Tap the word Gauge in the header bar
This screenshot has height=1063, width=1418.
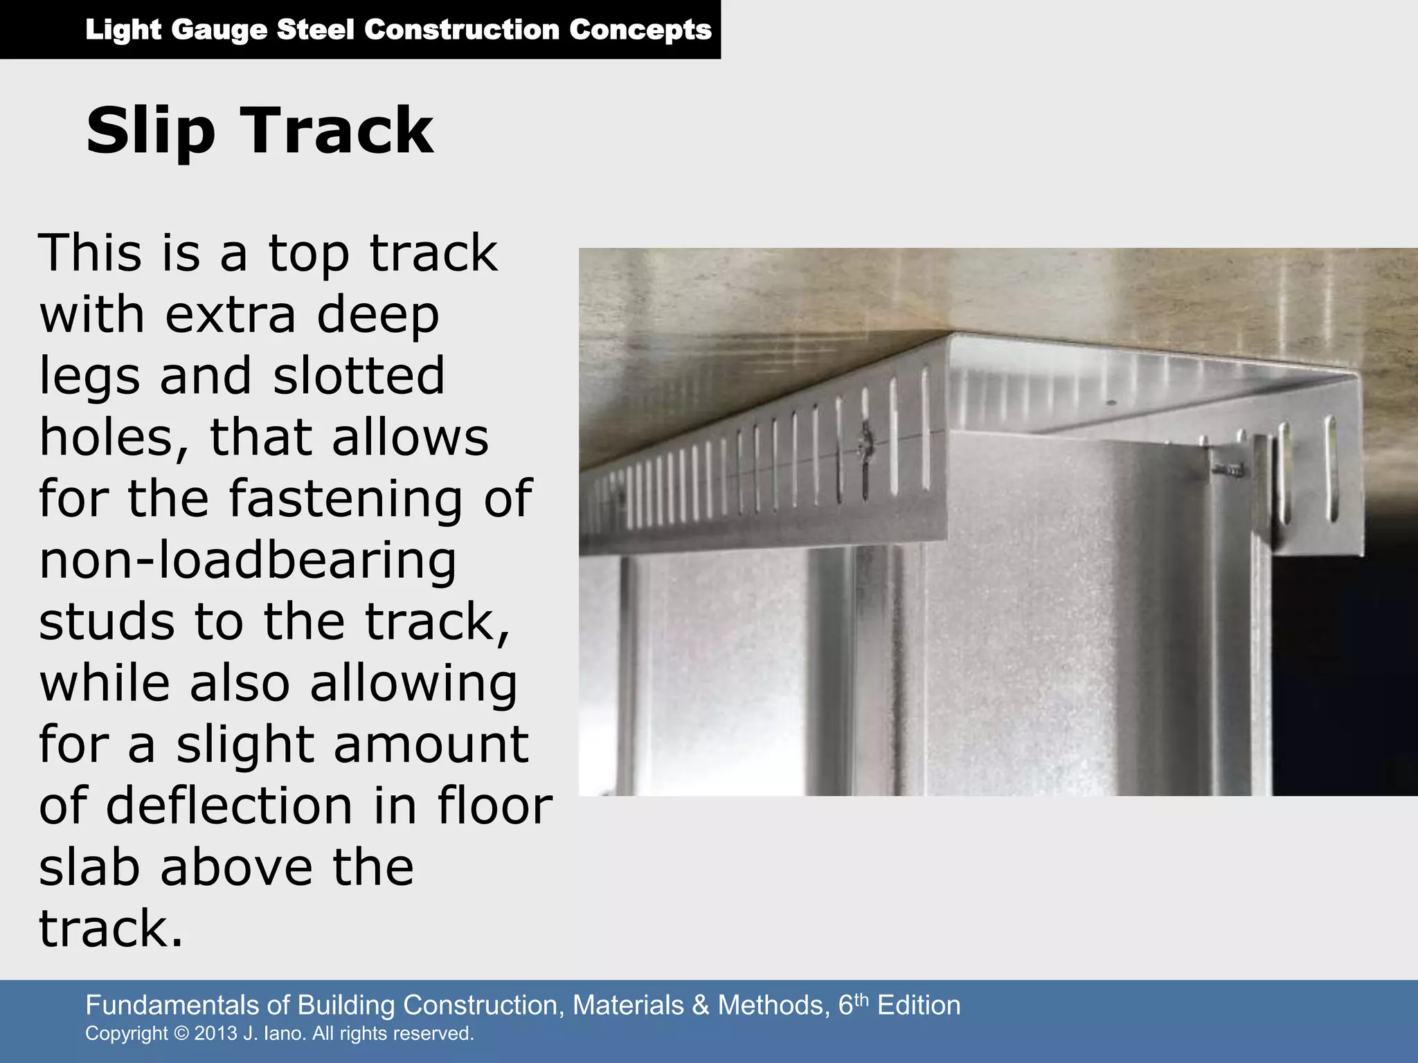pos(219,30)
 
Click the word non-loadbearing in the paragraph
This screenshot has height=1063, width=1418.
pos(247,561)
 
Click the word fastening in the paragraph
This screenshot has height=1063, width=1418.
pos(345,500)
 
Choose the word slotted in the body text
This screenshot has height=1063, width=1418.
pos(359,376)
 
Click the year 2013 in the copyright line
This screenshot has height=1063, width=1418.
pos(215,1033)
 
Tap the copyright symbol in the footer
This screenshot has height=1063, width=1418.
pos(181,1033)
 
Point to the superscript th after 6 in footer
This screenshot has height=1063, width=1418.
pos(861,999)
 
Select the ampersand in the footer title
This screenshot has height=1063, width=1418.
pos(701,1005)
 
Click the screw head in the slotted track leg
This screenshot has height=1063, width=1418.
pos(865,441)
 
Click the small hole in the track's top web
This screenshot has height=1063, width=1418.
pos(1111,402)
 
